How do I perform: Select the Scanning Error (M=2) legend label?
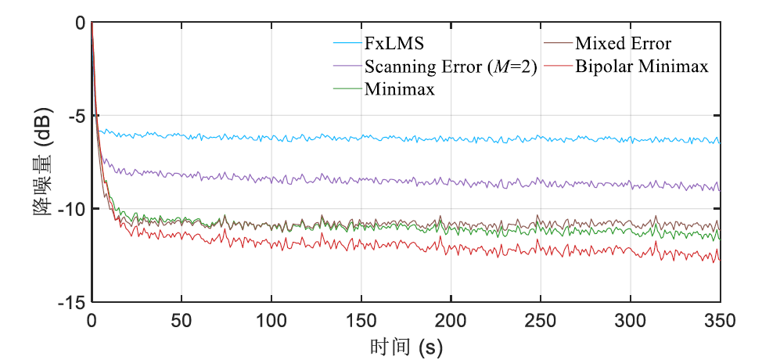pyautogui.click(x=451, y=67)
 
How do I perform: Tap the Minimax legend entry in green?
pyautogui.click(x=399, y=88)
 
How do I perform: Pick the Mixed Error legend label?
pyautogui.click(x=623, y=43)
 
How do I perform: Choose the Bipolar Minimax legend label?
pyautogui.click(x=642, y=67)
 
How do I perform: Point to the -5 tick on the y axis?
pyautogui.click(x=76, y=116)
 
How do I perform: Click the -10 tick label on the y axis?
pyautogui.click(x=73, y=209)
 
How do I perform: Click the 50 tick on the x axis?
pyautogui.click(x=182, y=321)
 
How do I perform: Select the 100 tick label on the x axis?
pyautogui.click(x=271, y=321)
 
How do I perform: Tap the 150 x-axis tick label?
pyautogui.click(x=361, y=321)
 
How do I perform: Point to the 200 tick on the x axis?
pyautogui.click(x=451, y=321)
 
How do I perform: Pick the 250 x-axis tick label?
pyautogui.click(x=541, y=321)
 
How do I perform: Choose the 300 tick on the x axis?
pyautogui.click(x=631, y=321)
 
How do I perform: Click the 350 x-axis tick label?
pyautogui.click(x=720, y=321)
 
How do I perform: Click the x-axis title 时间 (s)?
pyautogui.click(x=406, y=345)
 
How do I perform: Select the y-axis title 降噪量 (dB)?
pyautogui.click(x=45, y=162)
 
